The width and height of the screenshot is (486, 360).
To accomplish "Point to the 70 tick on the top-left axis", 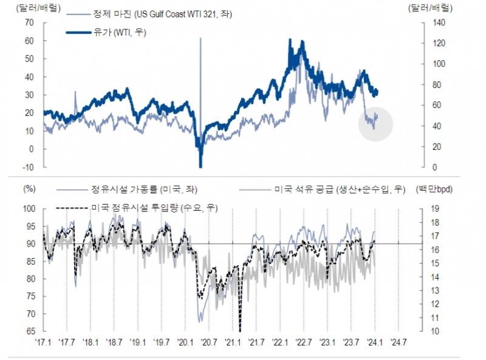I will click(29, 22).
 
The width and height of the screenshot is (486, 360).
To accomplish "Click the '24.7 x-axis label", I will click(398, 342).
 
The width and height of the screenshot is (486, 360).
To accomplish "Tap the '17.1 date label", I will click(44, 342).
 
